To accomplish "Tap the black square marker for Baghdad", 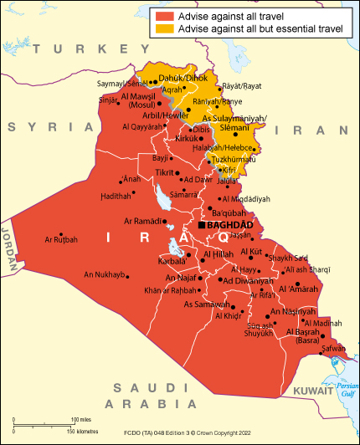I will tap(200, 226).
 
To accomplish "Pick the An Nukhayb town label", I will tap(105, 274).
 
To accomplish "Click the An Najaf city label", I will tap(179, 277).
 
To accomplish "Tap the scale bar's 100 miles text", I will tap(80, 419).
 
